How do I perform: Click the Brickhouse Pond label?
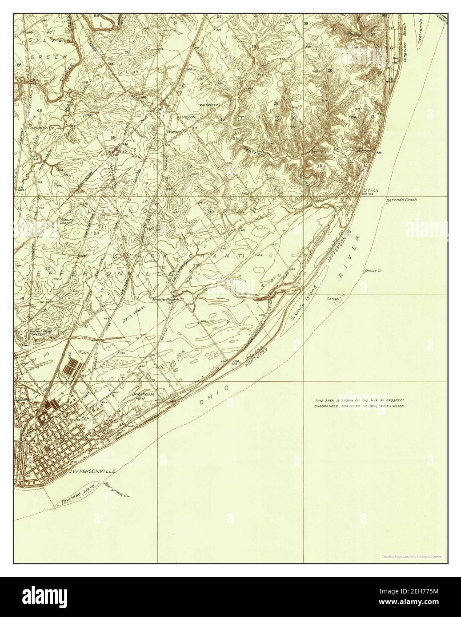click(142, 395)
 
